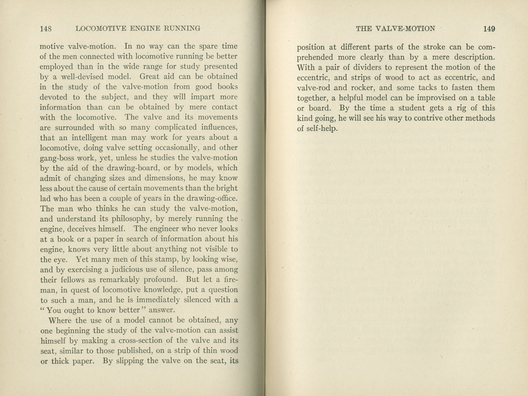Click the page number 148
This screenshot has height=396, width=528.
tap(46, 28)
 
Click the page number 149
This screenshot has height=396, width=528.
tap(489, 29)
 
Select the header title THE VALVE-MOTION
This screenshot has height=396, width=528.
tap(395, 29)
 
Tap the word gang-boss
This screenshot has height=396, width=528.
tap(57, 158)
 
